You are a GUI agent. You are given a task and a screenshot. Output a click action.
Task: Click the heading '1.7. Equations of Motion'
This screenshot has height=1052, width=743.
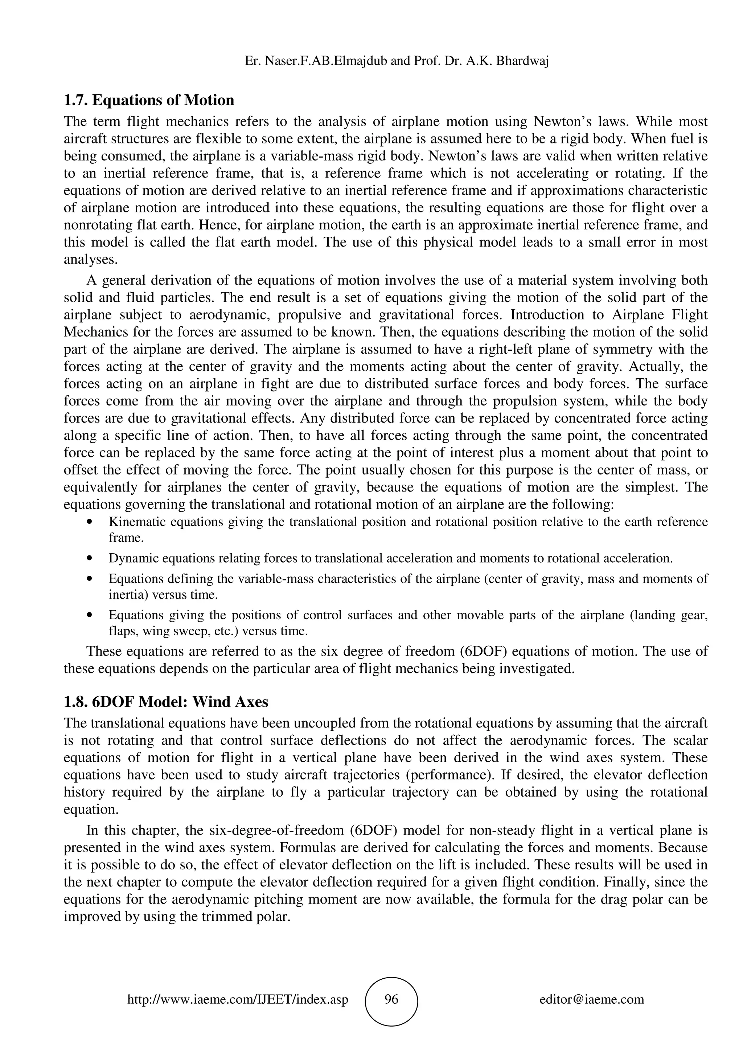[x=149, y=100]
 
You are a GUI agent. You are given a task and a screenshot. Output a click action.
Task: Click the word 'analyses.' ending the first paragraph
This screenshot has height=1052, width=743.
[x=91, y=260]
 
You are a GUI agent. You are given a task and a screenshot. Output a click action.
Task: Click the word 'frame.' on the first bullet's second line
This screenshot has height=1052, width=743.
[x=126, y=538]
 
